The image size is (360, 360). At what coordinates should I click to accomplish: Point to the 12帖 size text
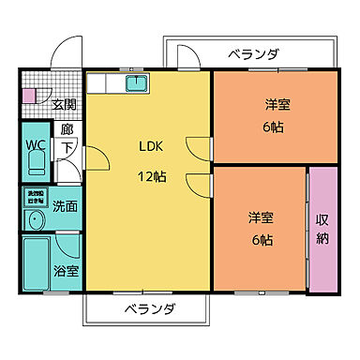coord(152,175)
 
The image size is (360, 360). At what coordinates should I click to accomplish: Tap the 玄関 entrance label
coord(64,104)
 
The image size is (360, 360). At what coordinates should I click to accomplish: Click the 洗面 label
coord(65,205)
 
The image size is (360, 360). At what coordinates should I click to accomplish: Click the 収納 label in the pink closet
coord(322,229)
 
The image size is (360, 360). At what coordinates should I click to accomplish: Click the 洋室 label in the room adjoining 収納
coord(262,218)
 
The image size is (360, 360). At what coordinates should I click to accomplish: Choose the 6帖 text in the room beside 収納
coord(262,240)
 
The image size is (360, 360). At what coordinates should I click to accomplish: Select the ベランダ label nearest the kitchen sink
coord(253,54)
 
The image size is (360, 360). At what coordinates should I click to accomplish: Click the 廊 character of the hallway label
coord(67,130)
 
